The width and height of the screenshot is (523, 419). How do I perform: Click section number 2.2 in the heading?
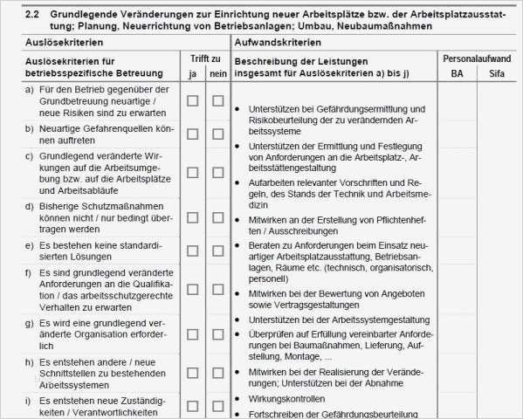(32, 15)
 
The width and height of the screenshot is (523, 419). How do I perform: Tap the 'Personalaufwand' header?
(479, 58)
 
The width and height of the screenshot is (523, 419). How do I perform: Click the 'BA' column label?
(458, 73)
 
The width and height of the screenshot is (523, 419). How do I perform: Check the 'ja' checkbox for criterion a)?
(193, 100)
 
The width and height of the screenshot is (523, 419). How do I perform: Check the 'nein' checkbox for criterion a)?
(218, 100)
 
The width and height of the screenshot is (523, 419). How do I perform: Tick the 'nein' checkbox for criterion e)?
(218, 250)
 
